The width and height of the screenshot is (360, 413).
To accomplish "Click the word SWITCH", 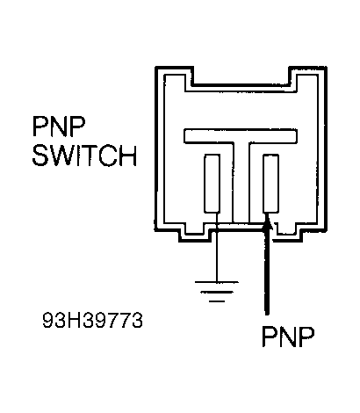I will tap(83, 158).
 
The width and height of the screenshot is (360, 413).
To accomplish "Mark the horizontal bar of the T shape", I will tap(241, 136).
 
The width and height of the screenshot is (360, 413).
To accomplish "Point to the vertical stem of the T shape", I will tap(241, 180).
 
